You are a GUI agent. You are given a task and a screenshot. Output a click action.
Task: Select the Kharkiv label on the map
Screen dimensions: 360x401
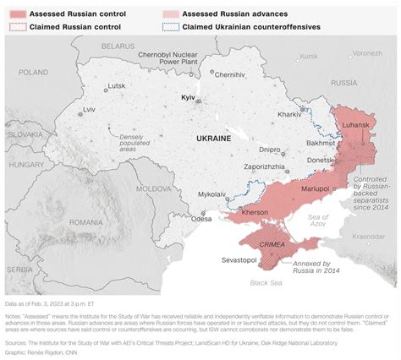coord(289,113)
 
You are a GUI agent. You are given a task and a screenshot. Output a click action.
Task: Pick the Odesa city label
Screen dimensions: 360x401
coord(201,218)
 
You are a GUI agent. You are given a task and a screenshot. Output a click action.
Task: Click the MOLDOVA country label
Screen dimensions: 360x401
coord(155,188)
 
